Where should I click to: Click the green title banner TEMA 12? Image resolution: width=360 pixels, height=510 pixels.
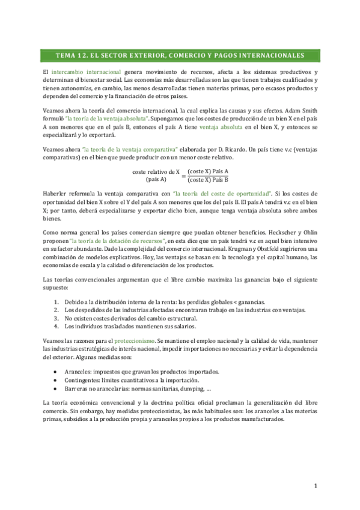(180, 56)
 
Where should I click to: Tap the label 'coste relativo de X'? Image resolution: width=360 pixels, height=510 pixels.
(156, 171)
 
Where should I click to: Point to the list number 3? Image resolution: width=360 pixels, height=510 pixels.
(56, 318)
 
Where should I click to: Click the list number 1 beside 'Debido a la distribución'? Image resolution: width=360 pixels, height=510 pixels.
(56, 301)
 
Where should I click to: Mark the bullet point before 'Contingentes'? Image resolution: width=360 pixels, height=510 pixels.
(55, 380)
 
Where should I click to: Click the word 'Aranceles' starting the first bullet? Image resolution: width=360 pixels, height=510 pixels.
(79, 372)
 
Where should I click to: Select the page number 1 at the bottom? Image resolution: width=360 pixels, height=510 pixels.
(315, 485)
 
